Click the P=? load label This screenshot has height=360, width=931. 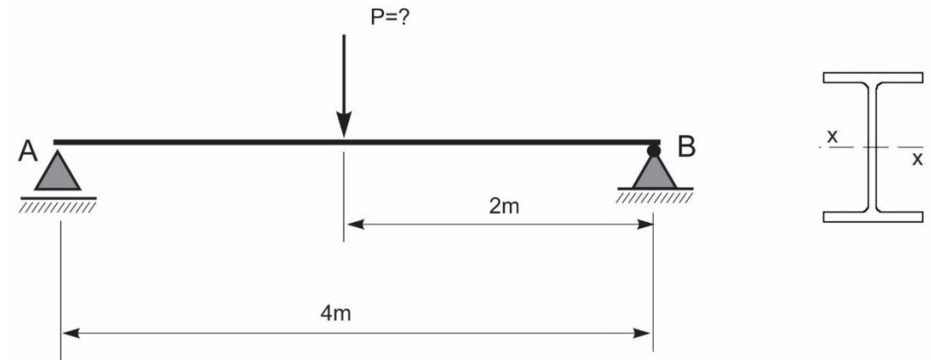coord(393,17)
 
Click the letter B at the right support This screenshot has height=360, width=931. coord(686,148)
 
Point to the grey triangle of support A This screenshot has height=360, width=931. coord(59,172)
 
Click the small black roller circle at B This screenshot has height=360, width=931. coord(654,152)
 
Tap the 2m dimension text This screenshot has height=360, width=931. coord(500,208)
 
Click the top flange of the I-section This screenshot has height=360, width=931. coord(872,78)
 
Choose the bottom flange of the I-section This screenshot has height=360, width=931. coord(872,216)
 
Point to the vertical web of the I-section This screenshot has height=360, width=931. coord(872,146)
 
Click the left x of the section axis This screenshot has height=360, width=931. coord(830,136)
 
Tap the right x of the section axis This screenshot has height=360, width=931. coord(916,158)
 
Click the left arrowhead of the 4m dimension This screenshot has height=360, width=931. coord(68,332)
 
